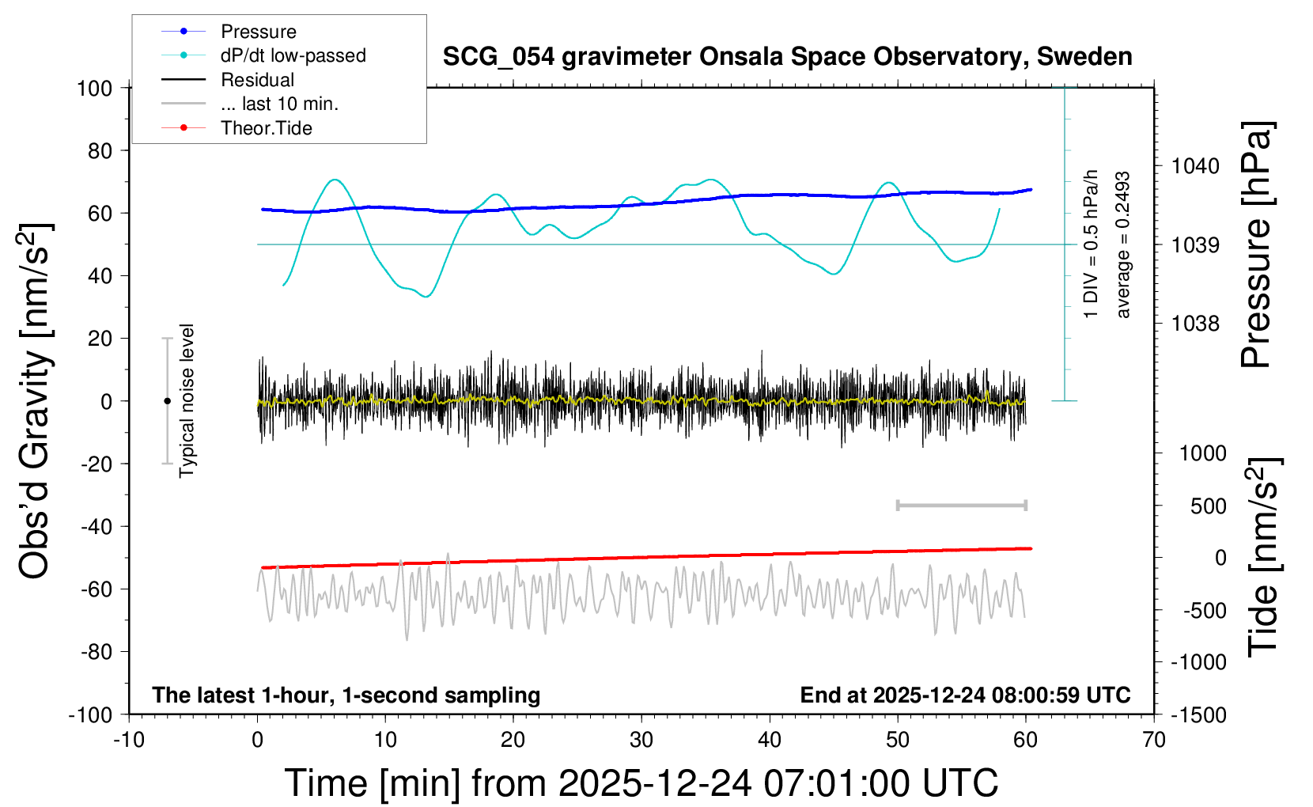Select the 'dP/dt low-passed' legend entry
click(293, 55)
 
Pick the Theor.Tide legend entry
click(266, 128)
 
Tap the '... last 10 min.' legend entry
click(279, 104)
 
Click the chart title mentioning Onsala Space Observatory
click(787, 57)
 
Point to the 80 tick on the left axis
click(100, 150)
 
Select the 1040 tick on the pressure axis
click(1195, 166)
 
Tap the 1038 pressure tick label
click(1195, 323)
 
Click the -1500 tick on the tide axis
click(1198, 715)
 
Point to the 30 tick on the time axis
click(641, 741)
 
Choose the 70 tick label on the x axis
click(1154, 741)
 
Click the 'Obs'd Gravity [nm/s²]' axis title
click(36, 400)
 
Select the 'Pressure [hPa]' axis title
click(1257, 244)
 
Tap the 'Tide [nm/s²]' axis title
click(1263, 557)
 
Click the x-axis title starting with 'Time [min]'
click(641, 783)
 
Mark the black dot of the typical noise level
click(167, 401)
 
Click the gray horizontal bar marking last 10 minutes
click(961, 505)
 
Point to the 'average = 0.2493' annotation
click(1123, 244)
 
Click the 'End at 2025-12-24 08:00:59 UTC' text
click(965, 695)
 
